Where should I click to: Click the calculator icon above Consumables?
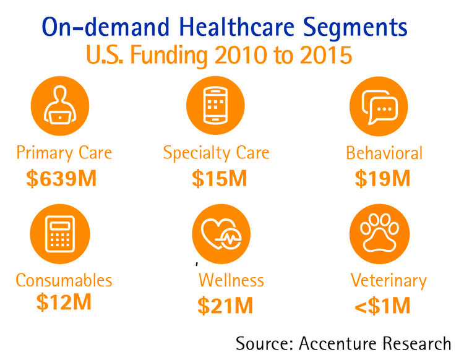60,233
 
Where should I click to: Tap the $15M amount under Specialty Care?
219,178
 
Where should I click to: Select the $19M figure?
383,178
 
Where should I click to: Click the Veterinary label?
389,281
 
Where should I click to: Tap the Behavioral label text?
384,153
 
